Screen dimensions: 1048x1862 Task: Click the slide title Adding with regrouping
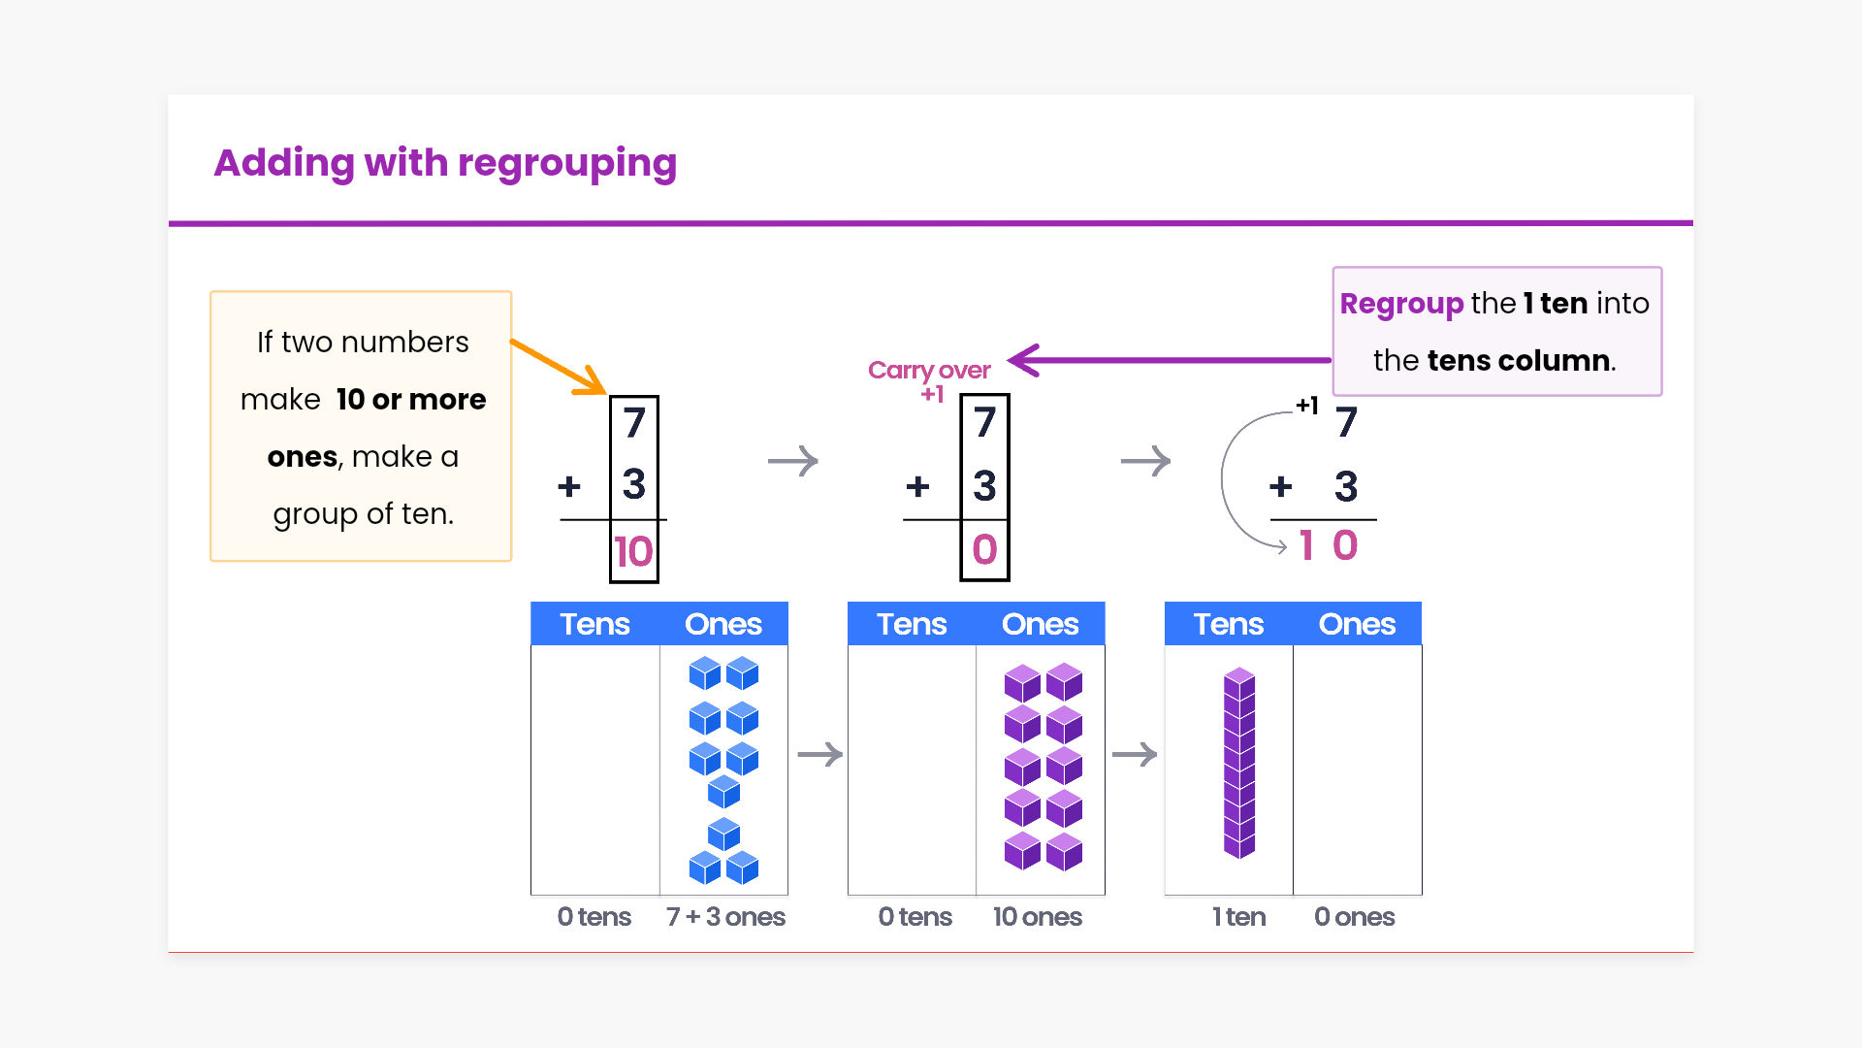(445, 163)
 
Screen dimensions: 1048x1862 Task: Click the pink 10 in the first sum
(633, 552)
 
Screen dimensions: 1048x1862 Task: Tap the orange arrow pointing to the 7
(558, 366)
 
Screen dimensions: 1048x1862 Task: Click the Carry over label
(929, 370)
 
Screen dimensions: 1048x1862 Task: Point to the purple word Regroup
(1400, 304)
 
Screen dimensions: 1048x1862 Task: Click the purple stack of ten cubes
(1239, 763)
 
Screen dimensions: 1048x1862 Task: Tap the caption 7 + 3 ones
(725, 917)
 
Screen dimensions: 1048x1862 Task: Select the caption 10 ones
(1037, 917)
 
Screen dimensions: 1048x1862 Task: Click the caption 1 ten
(1238, 917)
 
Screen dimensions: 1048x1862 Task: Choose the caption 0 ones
(1354, 917)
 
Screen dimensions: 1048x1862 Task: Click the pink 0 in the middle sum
(984, 550)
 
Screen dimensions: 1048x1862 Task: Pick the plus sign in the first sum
(569, 485)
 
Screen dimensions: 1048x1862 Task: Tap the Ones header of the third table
(1357, 624)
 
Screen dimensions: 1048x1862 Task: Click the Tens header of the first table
(594, 624)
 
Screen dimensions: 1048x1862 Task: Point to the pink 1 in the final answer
(1306, 545)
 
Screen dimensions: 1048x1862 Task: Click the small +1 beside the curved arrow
(1306, 406)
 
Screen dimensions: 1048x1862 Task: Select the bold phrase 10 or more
(411, 400)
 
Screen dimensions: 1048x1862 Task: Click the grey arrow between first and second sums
(793, 461)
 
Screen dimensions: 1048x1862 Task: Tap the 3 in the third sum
(1345, 486)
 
